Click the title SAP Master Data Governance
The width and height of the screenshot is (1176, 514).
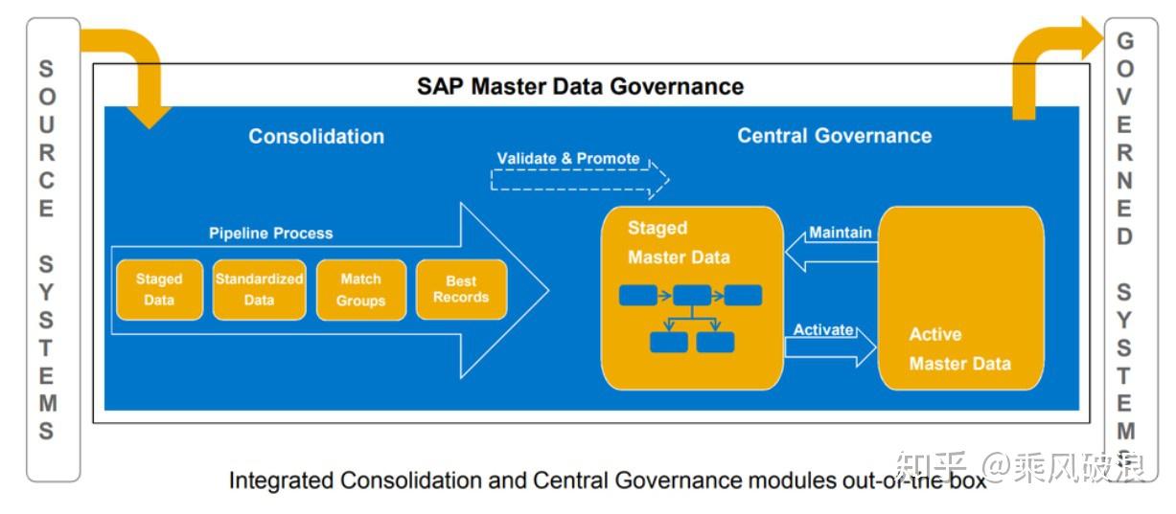(580, 86)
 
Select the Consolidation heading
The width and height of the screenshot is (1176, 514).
(316, 136)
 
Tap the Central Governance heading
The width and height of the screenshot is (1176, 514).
(834, 135)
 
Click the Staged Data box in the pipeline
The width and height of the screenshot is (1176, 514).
(159, 289)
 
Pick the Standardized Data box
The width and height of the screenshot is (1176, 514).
(259, 289)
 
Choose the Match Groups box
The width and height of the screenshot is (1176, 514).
(361, 289)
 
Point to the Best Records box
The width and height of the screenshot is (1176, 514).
(461, 289)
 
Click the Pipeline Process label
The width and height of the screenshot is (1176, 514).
(271, 233)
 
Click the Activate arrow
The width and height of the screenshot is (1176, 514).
(830, 346)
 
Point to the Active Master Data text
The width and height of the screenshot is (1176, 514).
(959, 348)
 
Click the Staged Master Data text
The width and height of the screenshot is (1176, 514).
(679, 242)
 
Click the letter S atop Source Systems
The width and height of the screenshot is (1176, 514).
(46, 69)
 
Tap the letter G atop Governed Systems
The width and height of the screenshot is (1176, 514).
(1125, 41)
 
